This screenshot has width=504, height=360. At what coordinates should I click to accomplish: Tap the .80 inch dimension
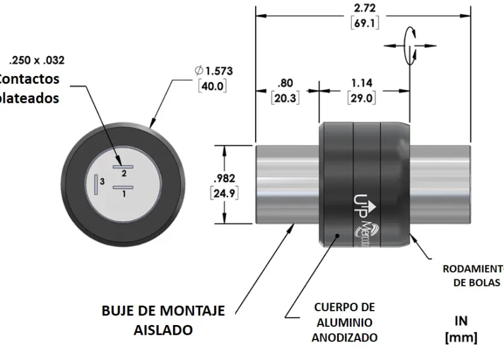coord(285,83)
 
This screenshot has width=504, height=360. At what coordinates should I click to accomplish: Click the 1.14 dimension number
coord(363,83)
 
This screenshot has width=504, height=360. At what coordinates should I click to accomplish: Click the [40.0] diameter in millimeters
coord(212,86)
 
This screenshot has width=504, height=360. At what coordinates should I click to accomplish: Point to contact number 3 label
coord(102,181)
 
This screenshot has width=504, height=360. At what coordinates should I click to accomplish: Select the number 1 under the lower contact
coord(124,194)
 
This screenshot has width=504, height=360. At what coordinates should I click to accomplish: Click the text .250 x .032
coord(37,60)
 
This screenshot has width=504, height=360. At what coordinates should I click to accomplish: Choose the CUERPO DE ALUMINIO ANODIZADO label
coord(344,323)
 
